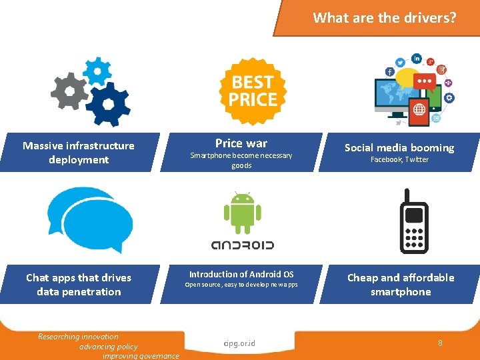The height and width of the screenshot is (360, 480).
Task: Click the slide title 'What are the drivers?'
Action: (x=385, y=18)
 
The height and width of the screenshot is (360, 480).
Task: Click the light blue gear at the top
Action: (x=98, y=69)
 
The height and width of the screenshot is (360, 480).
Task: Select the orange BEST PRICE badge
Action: (x=253, y=91)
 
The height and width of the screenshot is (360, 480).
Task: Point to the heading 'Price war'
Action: (x=241, y=143)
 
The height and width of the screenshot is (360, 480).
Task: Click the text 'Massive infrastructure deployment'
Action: (x=79, y=153)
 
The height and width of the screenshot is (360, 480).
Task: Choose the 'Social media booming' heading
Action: (x=399, y=147)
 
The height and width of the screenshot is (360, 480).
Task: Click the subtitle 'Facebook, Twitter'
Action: (x=399, y=160)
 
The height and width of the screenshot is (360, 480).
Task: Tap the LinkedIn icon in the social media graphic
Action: (x=417, y=59)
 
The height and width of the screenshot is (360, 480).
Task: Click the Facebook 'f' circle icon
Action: (x=390, y=71)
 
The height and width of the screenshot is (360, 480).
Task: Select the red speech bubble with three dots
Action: (x=425, y=82)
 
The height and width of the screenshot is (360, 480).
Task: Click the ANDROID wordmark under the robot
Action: (x=242, y=245)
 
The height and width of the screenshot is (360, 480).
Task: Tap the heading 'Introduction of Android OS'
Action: (x=241, y=274)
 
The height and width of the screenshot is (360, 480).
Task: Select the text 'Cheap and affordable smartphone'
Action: (x=401, y=285)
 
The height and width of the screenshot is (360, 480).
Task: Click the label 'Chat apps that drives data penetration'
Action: (x=79, y=285)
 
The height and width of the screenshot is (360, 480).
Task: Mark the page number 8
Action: (x=440, y=343)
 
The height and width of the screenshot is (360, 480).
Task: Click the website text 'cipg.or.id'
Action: (x=240, y=344)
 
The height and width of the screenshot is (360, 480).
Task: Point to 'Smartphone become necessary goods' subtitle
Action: (x=241, y=161)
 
